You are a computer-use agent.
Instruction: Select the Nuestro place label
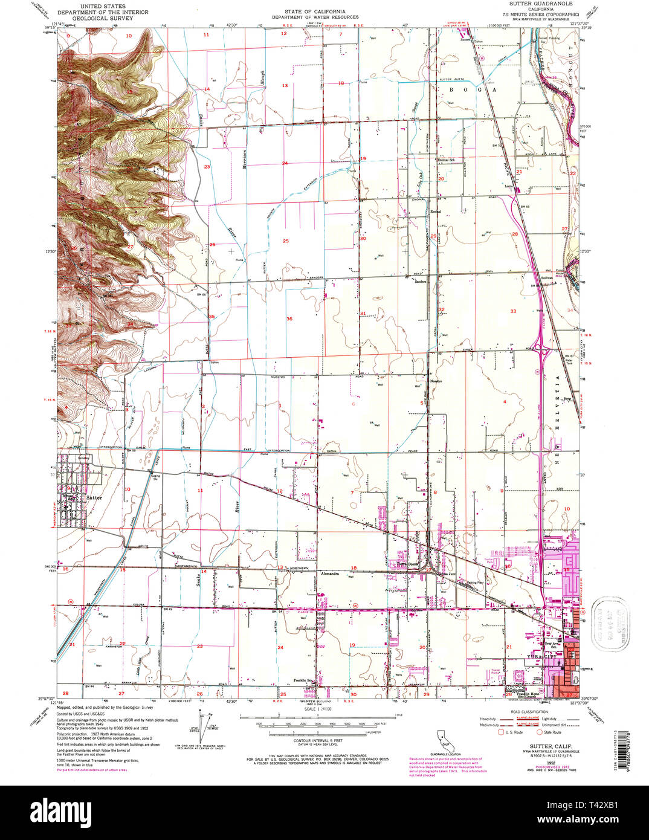pos(436,381)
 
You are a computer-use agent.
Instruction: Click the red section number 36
pos(289,318)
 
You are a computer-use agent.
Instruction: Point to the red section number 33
pos(513,311)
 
